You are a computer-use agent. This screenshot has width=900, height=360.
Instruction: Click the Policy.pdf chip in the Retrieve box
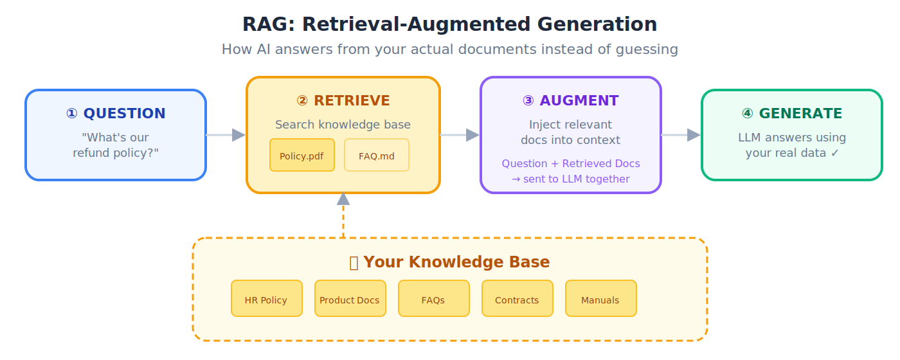tap(301, 155)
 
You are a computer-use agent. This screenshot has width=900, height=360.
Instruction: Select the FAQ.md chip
tap(376, 155)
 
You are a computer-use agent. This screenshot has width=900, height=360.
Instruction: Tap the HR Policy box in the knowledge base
tap(266, 298)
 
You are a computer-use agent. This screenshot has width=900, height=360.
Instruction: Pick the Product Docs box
tap(350, 298)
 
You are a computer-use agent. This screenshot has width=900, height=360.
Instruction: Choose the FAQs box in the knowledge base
tap(433, 298)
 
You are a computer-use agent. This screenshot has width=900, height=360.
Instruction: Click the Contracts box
tap(517, 298)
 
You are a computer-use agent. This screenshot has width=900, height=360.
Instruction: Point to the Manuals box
tap(600, 298)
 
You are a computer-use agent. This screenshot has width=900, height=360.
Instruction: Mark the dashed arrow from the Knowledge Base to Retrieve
tap(343, 215)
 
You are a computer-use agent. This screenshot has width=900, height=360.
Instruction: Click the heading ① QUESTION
tap(116, 114)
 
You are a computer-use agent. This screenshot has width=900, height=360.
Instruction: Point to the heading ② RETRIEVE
tap(343, 101)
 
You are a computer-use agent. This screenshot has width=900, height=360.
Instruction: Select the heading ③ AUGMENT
tap(570, 101)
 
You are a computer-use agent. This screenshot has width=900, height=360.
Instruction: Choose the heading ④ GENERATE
tap(791, 114)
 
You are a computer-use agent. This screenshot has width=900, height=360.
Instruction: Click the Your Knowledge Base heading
tap(449, 262)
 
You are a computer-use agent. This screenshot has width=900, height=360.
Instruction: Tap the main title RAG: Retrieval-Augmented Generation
tap(449, 24)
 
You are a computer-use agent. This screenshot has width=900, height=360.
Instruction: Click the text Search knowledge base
tap(343, 125)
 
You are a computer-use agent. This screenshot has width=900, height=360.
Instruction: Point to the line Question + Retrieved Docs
tap(570, 163)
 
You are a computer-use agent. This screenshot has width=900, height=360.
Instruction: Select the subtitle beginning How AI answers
tap(449, 50)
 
